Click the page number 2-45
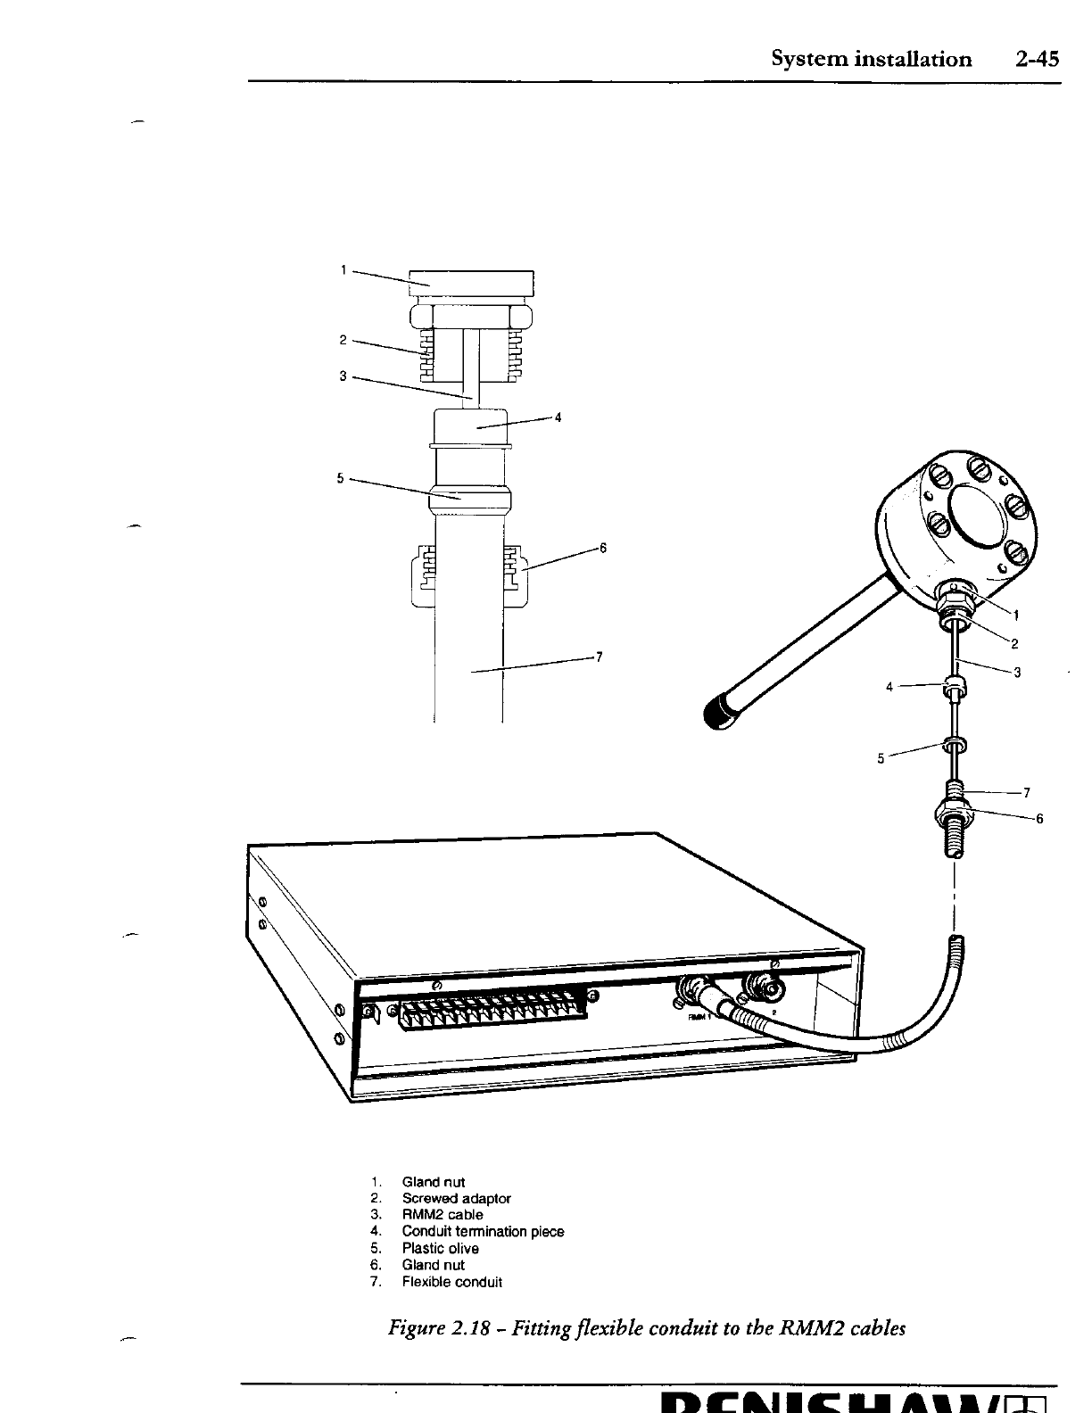click(1036, 59)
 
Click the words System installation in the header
click(871, 60)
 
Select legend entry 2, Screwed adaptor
click(456, 1198)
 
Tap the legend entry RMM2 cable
click(442, 1215)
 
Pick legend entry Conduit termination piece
click(483, 1232)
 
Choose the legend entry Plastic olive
click(440, 1249)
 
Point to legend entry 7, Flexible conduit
click(451, 1282)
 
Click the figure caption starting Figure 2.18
click(647, 1328)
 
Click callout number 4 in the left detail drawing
click(558, 417)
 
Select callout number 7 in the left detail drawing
click(600, 657)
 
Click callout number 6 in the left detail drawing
click(603, 548)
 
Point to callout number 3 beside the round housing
click(1017, 673)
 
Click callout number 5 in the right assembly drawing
click(881, 759)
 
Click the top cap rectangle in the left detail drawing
click(471, 282)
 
